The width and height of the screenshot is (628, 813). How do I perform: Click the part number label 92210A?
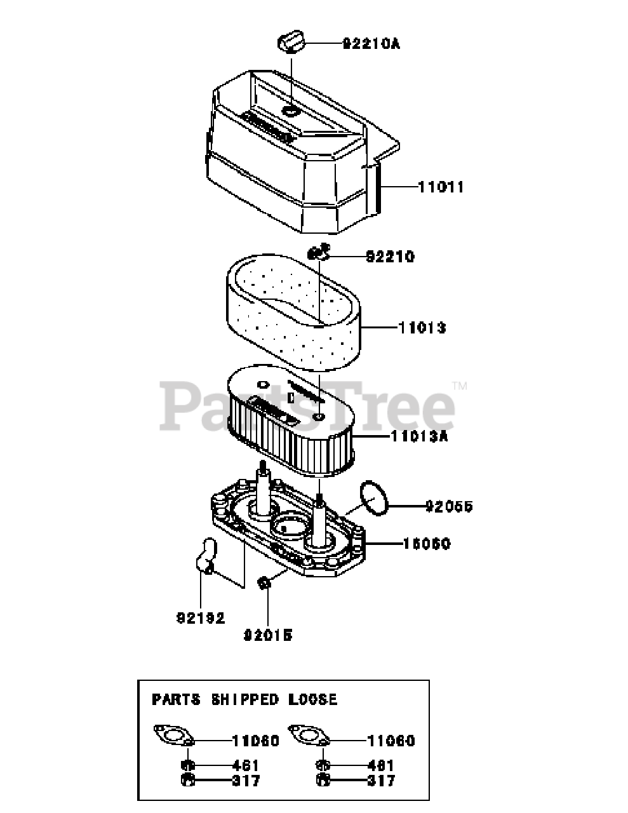[371, 44]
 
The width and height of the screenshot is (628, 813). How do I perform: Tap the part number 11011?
[441, 187]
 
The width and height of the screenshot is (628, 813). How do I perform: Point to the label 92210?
[390, 257]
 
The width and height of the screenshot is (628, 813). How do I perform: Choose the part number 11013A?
[420, 437]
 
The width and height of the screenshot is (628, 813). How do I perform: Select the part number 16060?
[427, 544]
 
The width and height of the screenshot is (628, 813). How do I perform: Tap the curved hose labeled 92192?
[204, 554]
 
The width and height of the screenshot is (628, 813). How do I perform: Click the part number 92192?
[201, 618]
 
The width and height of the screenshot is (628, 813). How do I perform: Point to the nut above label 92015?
[265, 582]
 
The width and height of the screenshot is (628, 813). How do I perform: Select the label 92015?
[268, 634]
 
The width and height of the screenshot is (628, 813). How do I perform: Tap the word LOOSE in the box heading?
[314, 699]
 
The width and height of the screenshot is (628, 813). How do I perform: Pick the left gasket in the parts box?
[173, 737]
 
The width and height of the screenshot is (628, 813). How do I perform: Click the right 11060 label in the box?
[391, 741]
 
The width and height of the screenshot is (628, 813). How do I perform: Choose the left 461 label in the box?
[245, 765]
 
